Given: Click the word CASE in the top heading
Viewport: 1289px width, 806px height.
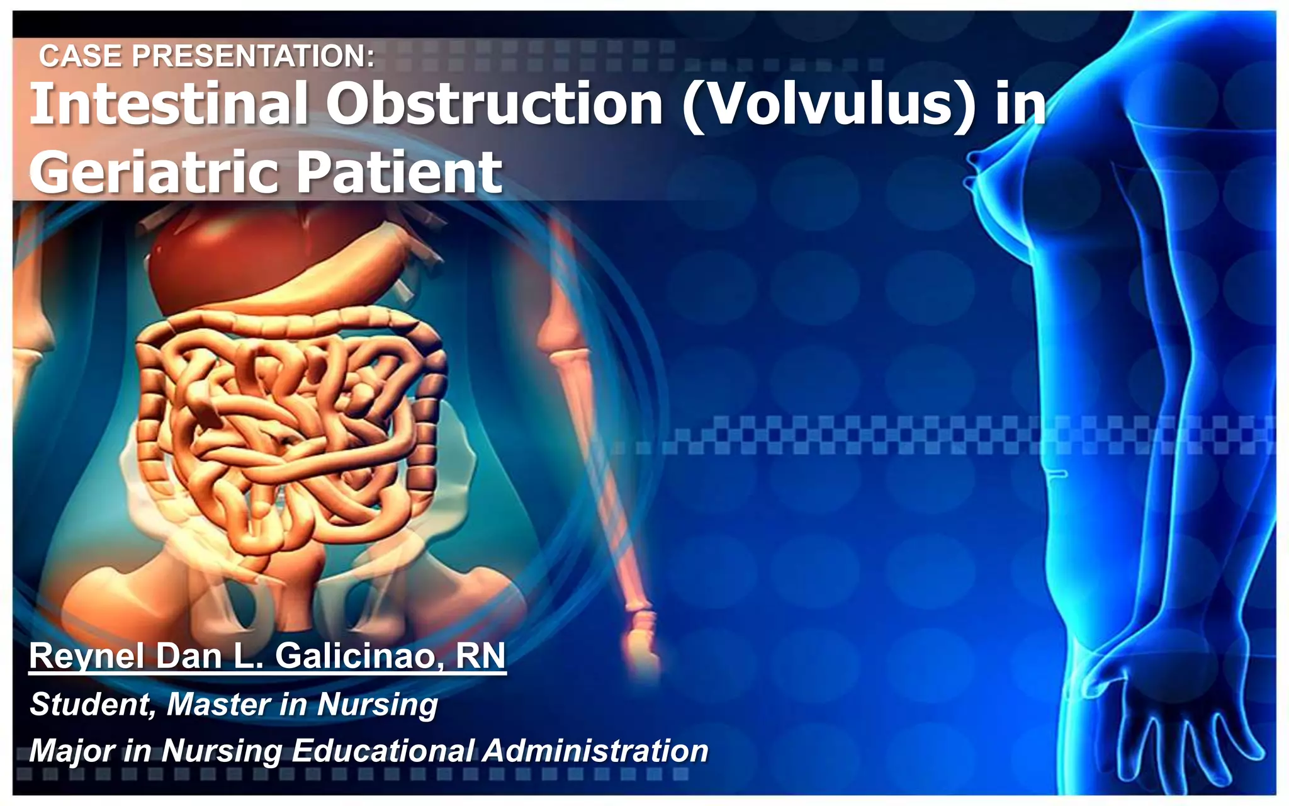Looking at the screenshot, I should tap(81, 56).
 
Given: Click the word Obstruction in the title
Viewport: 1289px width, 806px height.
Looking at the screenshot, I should tap(494, 104).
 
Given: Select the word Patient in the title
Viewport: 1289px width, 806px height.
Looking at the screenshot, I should tap(399, 171).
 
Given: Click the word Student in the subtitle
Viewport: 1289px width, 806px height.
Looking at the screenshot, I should tap(92, 705).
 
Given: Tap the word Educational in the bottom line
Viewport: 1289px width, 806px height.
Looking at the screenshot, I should tap(383, 751).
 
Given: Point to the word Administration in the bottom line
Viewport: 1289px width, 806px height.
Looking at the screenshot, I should tap(595, 751).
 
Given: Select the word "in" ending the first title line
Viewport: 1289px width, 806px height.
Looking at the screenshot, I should tap(1020, 104).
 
